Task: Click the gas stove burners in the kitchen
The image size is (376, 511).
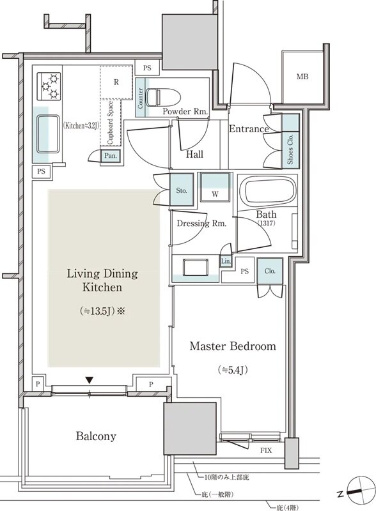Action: [x=49, y=86]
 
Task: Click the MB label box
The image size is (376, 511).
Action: [x=302, y=77]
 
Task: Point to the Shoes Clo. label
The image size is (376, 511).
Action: [x=290, y=149]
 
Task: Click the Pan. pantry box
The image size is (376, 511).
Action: [x=111, y=156]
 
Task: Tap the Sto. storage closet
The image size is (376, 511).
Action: [x=182, y=190]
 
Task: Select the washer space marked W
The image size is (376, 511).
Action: [x=215, y=187]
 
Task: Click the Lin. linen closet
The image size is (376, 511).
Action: [x=226, y=261]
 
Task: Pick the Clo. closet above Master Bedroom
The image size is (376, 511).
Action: [x=270, y=271]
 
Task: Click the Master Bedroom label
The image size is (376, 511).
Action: [x=233, y=346]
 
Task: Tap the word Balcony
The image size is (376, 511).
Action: [x=96, y=436]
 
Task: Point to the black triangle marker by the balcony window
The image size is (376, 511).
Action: [x=90, y=379]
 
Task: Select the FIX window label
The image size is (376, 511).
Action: [x=266, y=451]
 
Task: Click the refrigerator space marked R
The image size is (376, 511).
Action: [x=116, y=82]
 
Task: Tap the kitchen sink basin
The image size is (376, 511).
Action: [x=49, y=134]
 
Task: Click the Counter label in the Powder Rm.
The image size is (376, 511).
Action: [x=140, y=98]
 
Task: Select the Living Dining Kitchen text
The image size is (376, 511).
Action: [x=102, y=280]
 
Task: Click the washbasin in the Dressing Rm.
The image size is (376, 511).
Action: [x=196, y=267]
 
